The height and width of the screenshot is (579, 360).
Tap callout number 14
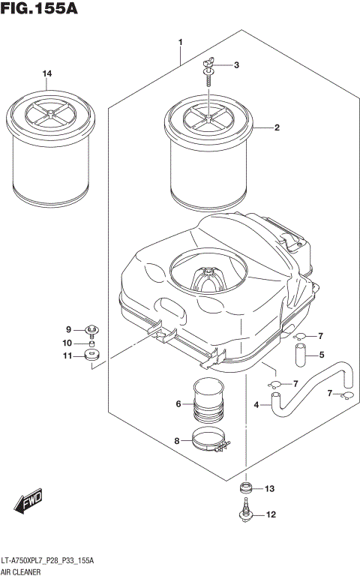pyautogui.click(x=47, y=73)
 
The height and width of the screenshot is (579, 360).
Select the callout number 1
pyautogui.click(x=181, y=41)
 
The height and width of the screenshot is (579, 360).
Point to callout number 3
pyautogui.click(x=236, y=65)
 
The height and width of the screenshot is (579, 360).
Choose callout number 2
pyautogui.click(x=277, y=128)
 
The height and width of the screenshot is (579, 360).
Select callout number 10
pyautogui.click(x=67, y=343)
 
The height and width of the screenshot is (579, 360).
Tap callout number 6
pyautogui.click(x=179, y=404)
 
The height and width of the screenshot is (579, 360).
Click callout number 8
pyautogui.click(x=177, y=441)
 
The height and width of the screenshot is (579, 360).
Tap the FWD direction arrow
pyautogui.click(x=28, y=502)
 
